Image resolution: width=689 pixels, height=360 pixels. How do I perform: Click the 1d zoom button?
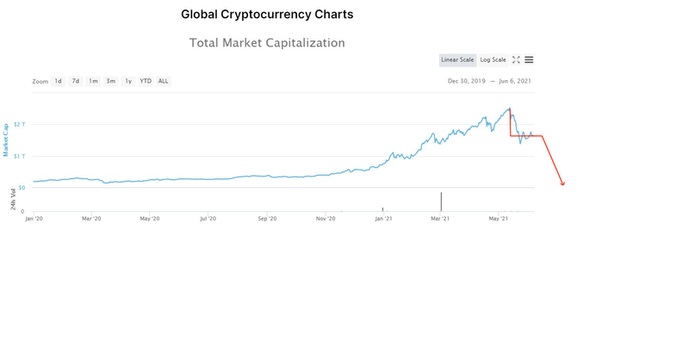coord(59,81)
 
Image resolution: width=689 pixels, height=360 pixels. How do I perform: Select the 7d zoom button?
coord(76,81)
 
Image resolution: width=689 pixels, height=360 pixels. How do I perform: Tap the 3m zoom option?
coord(110,81)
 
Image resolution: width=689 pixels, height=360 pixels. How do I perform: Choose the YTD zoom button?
coord(146,81)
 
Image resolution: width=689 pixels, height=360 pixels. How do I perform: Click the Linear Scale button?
coord(457,59)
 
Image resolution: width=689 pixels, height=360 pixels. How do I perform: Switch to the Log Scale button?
coord(493,59)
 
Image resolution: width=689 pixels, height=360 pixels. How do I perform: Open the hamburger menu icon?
coord(529,59)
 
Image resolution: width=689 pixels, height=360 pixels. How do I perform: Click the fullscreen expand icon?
coord(516,59)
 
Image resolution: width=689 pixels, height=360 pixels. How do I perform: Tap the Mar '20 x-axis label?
coord(91,220)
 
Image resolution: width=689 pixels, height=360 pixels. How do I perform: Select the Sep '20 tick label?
coord(267,220)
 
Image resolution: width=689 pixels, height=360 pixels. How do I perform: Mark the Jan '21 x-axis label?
coord(383,220)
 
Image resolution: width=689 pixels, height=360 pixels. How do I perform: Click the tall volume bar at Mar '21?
coord(441,202)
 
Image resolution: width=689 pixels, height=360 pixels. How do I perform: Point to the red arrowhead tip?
coord(563,185)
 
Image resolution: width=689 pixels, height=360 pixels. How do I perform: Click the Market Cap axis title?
coord(6,139)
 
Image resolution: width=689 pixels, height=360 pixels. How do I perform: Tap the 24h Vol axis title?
coord(13,199)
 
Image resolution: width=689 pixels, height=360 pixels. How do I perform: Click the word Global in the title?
coord(203,15)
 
